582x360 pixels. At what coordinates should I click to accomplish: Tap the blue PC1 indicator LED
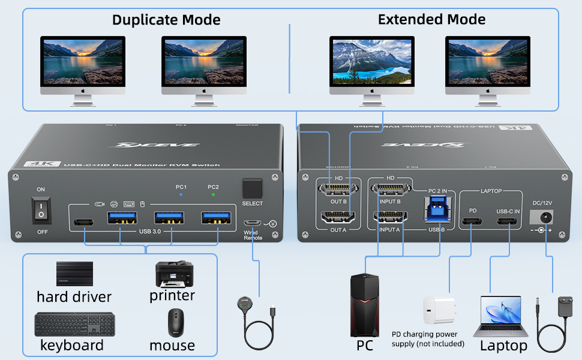pyautogui.click(x=181, y=196)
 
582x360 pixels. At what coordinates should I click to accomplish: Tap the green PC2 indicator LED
pyautogui.click(x=214, y=196)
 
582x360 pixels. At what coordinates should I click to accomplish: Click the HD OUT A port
pyautogui.click(x=338, y=220)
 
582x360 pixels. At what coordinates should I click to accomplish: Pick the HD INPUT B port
pyautogui.click(x=391, y=191)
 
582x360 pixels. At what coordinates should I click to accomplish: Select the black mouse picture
pyautogui.click(x=175, y=323)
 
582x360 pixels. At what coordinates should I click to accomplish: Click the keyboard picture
pyautogui.click(x=73, y=325)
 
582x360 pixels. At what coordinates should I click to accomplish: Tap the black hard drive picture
pyautogui.click(x=75, y=274)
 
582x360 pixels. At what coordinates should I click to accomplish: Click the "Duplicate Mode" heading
pyautogui.click(x=166, y=20)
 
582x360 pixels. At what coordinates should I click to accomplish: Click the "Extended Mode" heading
pyautogui.click(x=431, y=19)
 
